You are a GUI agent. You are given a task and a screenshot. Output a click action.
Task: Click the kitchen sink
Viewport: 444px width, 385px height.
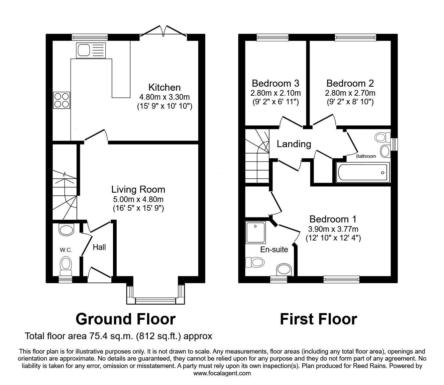[x=91, y=50]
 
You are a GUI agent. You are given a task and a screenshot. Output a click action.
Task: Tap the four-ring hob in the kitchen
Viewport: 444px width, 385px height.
[x=62, y=100]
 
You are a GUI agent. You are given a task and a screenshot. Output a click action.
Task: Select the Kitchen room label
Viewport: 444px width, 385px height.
[x=164, y=88]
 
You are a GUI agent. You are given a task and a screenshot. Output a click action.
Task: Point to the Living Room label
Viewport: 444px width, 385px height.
[x=138, y=189]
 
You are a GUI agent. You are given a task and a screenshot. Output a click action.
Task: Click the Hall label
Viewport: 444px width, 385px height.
[x=99, y=247]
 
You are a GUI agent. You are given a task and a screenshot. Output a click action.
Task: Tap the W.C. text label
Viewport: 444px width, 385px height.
[x=66, y=250]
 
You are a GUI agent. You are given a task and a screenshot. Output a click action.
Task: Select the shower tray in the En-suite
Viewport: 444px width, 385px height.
[x=256, y=232]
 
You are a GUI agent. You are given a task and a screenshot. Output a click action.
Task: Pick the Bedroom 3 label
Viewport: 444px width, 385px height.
[x=275, y=83]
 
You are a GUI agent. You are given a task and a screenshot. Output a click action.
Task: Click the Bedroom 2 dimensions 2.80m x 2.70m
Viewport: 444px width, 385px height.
[x=350, y=93]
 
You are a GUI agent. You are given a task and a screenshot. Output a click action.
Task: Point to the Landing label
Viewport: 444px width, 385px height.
[x=294, y=144]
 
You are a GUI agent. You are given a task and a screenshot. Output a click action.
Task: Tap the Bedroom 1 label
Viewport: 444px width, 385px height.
[x=333, y=219]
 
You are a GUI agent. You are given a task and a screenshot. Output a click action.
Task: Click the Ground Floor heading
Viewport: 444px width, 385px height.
[x=126, y=319]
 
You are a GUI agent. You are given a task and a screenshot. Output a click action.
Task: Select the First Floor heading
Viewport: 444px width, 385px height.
[x=319, y=319]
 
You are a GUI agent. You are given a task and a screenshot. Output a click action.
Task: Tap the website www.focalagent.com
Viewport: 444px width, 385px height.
[x=222, y=373]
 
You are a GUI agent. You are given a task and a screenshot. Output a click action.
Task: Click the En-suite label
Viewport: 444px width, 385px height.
[x=274, y=250]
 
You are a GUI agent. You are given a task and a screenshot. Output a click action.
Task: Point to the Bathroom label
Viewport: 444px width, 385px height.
[x=366, y=156]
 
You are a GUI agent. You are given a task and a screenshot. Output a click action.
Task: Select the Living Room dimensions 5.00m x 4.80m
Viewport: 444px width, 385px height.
[x=138, y=199]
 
